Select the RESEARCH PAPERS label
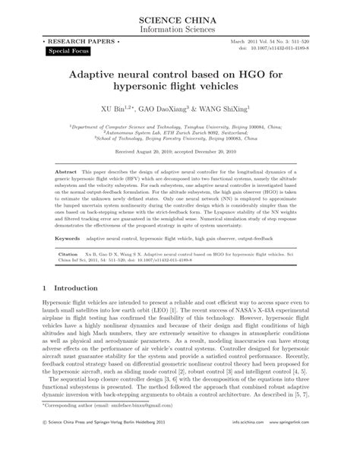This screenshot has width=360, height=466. point(71,38)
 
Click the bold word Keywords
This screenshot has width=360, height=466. point(67,238)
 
